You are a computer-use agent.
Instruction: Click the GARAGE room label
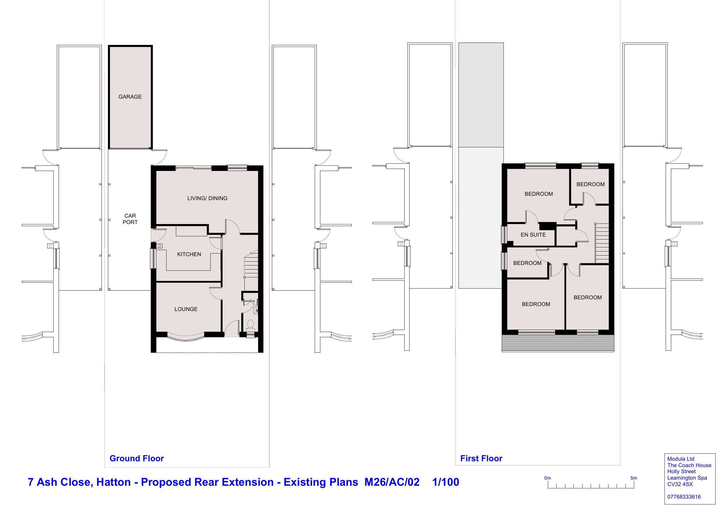(130, 97)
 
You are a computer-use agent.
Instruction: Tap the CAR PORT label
(130, 219)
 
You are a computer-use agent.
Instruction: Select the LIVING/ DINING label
(207, 198)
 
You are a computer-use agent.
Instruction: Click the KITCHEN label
(189, 254)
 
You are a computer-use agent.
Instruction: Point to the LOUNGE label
(186, 309)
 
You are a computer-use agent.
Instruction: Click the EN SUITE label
(533, 235)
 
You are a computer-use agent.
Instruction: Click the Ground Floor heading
(137, 458)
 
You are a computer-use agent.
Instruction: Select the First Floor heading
(481, 458)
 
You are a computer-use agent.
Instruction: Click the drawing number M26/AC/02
(392, 482)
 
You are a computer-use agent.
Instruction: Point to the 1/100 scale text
(445, 482)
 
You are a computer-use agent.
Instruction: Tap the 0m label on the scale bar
(548, 478)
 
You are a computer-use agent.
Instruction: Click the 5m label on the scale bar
(634, 478)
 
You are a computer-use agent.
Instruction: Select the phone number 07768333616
(684, 497)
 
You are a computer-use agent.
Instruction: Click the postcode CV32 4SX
(680, 484)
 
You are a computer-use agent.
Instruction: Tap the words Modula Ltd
(681, 459)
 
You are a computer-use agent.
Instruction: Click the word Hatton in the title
(113, 482)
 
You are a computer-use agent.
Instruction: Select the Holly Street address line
(681, 472)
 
